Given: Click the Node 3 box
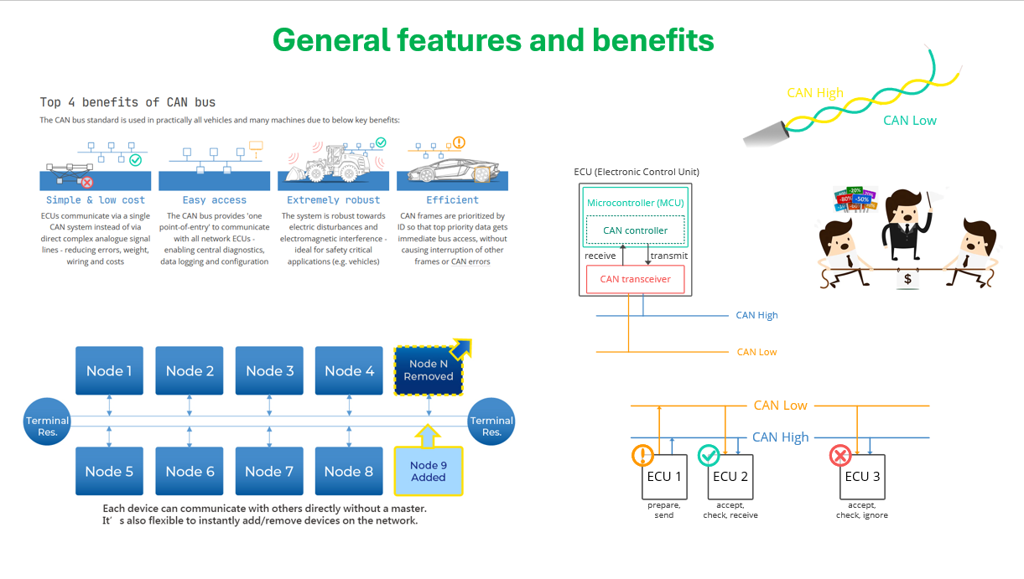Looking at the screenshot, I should click(x=269, y=370).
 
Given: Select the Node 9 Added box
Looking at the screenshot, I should click(x=429, y=471).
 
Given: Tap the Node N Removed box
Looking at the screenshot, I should click(x=429, y=370).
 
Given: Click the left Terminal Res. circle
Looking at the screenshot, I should click(x=47, y=426).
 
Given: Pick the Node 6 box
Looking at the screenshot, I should click(x=190, y=471).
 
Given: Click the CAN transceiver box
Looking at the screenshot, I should click(x=635, y=279).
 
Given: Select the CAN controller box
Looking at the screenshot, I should click(x=635, y=230).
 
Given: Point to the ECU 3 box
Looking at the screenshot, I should click(x=863, y=477).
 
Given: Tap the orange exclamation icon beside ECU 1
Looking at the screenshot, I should click(x=642, y=455).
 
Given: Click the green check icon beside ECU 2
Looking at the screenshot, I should click(x=709, y=455).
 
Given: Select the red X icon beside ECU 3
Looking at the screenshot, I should click(x=839, y=455).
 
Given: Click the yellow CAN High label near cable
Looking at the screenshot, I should click(x=815, y=93).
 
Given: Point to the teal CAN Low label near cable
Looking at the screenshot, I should click(x=909, y=121).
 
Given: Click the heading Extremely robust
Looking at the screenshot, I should click(x=333, y=200).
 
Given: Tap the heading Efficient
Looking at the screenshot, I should click(x=452, y=200).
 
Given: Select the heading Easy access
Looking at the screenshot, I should click(x=214, y=200).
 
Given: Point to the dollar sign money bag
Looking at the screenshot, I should click(x=907, y=278).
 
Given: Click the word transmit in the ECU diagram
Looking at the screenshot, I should click(x=668, y=256).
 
